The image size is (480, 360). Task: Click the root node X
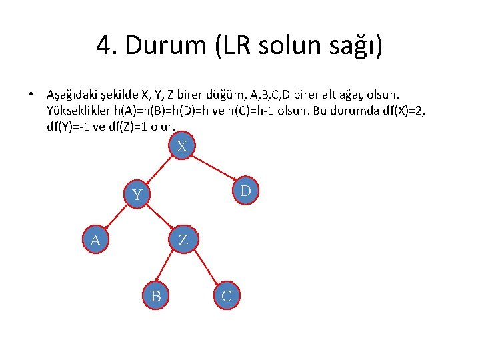click(181, 145)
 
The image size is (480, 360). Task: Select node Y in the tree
click(137, 195)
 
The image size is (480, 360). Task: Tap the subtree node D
click(245, 191)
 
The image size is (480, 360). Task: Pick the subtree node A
click(95, 240)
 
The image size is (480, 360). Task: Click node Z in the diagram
click(183, 240)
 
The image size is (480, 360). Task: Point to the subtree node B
click(156, 295)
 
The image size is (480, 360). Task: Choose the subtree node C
click(227, 295)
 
